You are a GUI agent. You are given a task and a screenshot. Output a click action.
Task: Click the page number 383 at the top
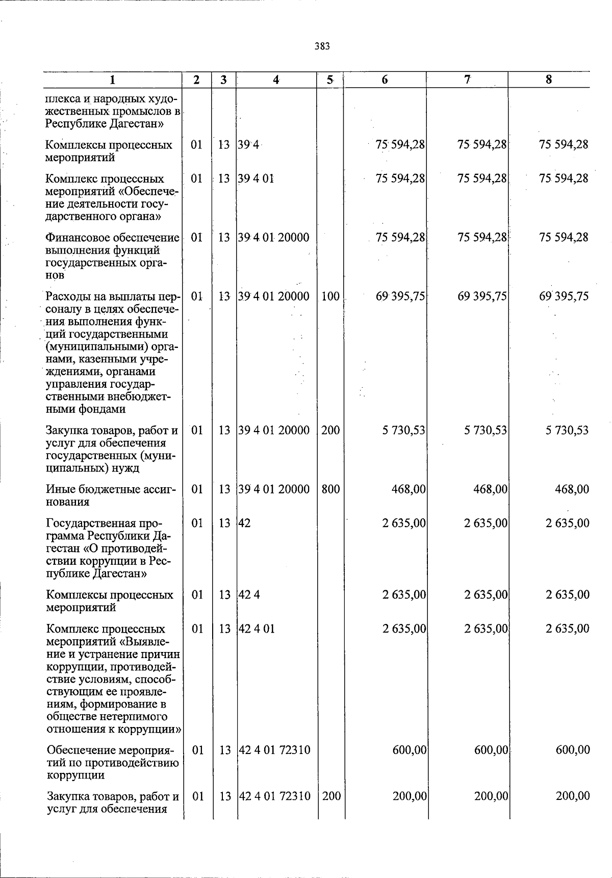[322, 46]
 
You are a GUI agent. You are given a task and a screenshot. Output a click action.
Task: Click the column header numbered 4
[276, 80]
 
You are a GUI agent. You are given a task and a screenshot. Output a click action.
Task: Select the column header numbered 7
[467, 80]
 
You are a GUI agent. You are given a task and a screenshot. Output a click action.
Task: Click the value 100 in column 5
[330, 296]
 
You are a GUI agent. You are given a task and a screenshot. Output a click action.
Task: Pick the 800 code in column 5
[330, 489]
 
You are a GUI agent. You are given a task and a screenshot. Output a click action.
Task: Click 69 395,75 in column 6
[401, 296]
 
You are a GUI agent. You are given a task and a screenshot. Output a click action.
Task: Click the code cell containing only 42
[245, 523]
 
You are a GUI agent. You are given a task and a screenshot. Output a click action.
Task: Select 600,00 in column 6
[410, 750]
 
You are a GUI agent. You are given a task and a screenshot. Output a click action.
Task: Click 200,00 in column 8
[573, 796]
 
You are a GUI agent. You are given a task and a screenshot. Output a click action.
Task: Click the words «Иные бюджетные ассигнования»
[111, 495]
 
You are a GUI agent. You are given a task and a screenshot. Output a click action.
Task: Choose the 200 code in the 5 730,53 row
[330, 430]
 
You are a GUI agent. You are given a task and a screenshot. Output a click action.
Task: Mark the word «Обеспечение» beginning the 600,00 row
[77, 750]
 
